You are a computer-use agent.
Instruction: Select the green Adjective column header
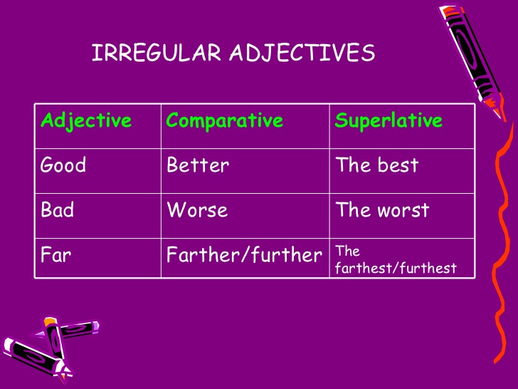click(86, 120)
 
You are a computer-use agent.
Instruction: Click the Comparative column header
click(224, 120)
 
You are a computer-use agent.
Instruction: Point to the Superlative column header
click(388, 120)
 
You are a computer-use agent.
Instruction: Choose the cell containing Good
click(63, 165)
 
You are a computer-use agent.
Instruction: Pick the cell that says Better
click(198, 165)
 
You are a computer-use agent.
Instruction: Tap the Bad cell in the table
click(57, 210)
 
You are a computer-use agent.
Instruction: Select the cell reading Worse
click(197, 210)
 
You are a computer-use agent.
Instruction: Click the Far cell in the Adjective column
click(55, 255)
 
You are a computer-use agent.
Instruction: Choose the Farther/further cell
click(244, 255)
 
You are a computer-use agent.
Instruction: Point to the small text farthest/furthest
click(396, 268)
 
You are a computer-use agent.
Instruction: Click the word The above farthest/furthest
click(347, 251)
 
